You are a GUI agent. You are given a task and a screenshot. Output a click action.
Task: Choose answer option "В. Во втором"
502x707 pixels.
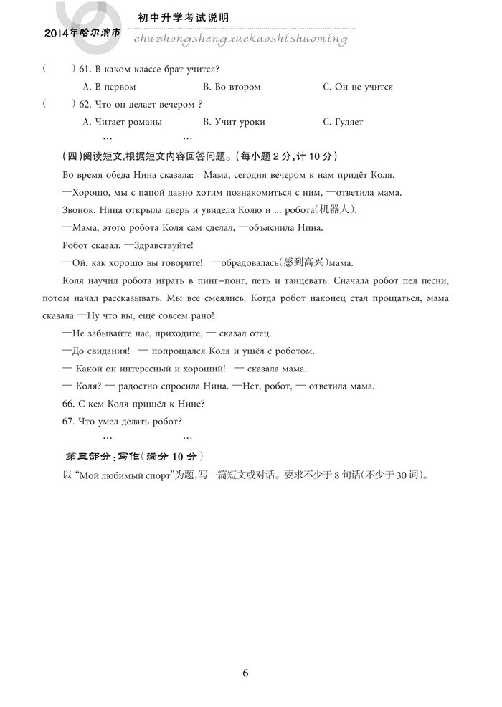[x=232, y=87]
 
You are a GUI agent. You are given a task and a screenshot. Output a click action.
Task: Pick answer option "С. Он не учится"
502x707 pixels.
[x=358, y=87]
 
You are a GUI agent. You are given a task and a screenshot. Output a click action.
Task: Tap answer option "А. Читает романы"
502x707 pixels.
[x=123, y=122]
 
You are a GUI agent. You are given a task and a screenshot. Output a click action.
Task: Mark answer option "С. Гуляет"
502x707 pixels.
[x=344, y=122]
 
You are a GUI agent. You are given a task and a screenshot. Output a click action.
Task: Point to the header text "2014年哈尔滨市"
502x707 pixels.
[x=82, y=33]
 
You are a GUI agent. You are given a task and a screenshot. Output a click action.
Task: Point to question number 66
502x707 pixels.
[x=69, y=403]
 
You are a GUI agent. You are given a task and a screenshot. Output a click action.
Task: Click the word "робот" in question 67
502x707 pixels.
[x=165, y=421]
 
